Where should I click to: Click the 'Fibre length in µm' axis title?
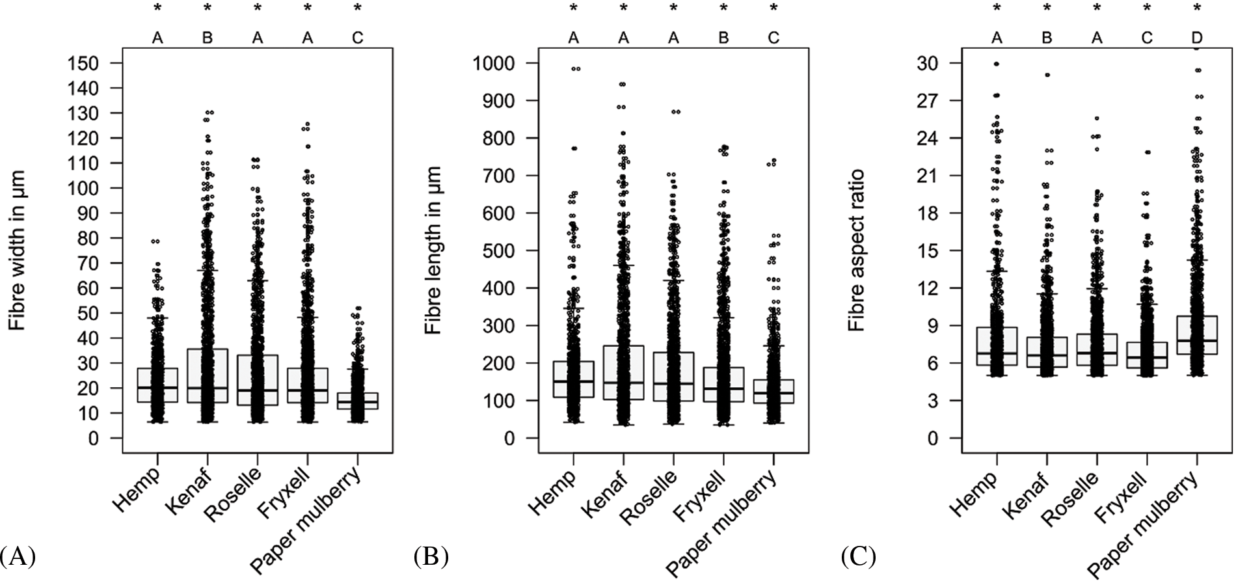pos(433,250)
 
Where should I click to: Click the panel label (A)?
pos(18,557)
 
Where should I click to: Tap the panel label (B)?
pos(431,557)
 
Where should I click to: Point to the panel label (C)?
pos(858,557)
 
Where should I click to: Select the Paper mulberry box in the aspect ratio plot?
pos(1197,335)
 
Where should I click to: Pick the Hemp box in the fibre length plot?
pos(573,379)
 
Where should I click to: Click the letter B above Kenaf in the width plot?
pos(208,38)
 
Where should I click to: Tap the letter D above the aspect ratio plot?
pos(1197,38)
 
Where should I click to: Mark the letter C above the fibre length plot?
pos(773,38)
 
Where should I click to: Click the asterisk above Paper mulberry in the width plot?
pos(357,8)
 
